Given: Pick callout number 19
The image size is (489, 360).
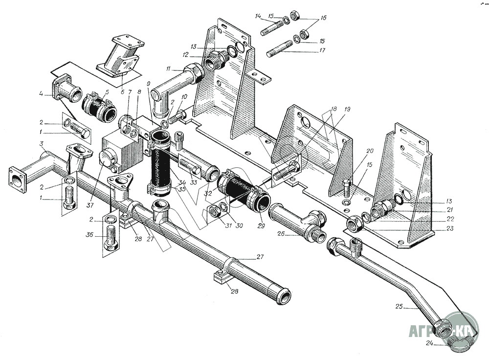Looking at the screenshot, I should click(x=347, y=109).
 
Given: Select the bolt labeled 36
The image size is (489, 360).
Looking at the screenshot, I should click(x=112, y=239).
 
